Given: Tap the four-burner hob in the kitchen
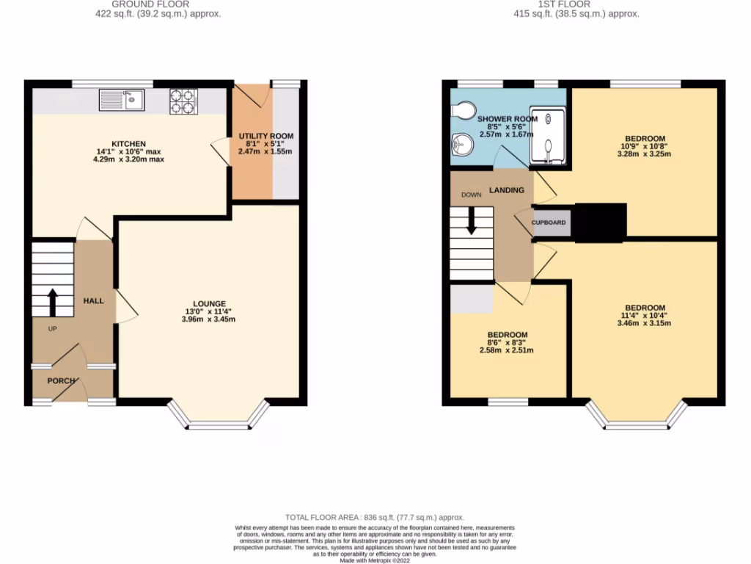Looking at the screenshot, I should (x=184, y=101).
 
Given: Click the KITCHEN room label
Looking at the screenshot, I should (x=128, y=144).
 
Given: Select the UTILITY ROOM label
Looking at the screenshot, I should (x=265, y=137).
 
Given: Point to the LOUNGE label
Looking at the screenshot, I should (x=209, y=304).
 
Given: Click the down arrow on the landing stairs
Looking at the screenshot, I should (x=471, y=220).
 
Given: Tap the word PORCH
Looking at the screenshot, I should (x=59, y=381).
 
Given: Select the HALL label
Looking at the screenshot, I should (x=93, y=301).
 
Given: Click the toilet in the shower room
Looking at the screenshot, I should (x=463, y=110).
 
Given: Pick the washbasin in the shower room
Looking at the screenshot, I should (x=461, y=145).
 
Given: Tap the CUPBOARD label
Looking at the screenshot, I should (x=549, y=222).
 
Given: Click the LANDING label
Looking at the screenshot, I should (x=507, y=190).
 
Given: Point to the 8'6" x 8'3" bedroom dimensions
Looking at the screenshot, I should (x=508, y=343).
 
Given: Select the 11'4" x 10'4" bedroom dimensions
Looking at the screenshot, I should (x=645, y=317).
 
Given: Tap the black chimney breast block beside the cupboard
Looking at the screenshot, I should (x=599, y=223).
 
